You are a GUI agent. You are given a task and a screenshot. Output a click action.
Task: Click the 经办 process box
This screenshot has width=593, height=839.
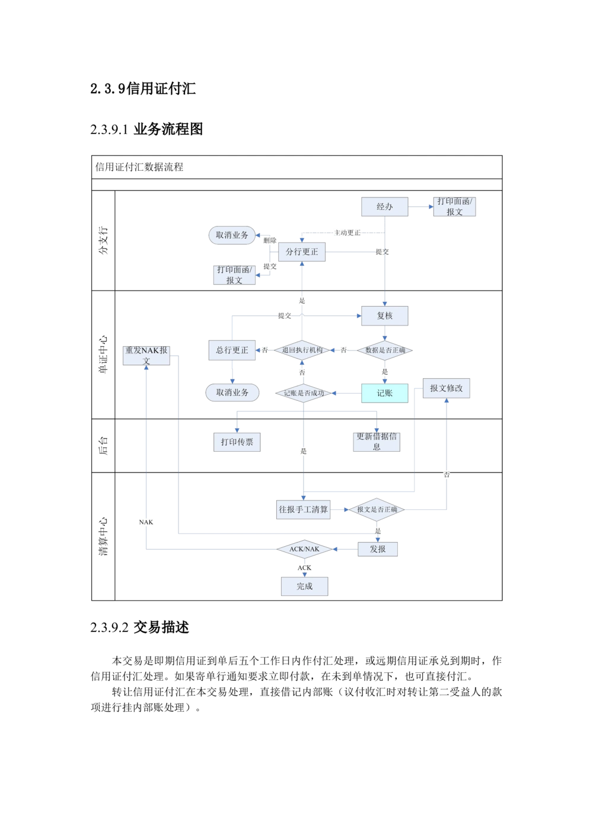click(385, 207)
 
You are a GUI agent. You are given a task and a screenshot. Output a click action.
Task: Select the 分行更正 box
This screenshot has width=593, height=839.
click(302, 252)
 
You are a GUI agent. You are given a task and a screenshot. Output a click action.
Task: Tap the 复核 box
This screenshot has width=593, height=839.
click(385, 315)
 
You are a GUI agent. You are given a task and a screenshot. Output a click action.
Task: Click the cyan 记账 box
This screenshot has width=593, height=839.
click(385, 393)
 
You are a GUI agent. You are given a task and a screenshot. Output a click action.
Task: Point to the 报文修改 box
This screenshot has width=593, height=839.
click(447, 388)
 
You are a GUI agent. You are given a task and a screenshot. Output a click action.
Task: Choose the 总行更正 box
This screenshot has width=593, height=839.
click(232, 350)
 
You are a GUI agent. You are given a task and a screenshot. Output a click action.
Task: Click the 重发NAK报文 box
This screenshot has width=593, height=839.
click(146, 355)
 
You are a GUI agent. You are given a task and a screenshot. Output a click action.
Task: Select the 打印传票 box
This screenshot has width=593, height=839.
click(237, 442)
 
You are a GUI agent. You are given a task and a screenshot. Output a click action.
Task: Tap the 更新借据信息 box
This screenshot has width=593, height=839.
click(377, 442)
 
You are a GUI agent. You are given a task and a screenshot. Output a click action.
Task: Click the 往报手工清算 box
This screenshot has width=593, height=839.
click(303, 510)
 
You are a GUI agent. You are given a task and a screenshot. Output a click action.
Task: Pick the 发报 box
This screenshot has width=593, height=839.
click(378, 549)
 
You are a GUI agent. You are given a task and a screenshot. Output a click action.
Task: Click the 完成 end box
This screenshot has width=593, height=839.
click(304, 586)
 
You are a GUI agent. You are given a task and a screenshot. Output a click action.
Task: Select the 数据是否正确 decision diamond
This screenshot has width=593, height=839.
click(385, 350)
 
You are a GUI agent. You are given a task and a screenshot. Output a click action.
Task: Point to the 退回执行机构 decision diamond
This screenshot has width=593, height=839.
click(302, 350)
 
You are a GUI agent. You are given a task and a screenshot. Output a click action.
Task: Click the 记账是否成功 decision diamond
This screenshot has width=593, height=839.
click(304, 393)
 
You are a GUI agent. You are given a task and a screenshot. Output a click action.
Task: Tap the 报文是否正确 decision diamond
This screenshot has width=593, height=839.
click(377, 509)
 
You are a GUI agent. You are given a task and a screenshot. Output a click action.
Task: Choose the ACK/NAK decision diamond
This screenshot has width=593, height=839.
click(304, 550)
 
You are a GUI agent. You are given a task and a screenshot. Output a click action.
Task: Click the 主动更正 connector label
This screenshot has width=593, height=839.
click(347, 233)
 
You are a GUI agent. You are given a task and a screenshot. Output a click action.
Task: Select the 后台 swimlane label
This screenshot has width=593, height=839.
click(103, 445)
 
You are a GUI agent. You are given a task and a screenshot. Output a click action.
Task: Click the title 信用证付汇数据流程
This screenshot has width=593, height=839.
click(139, 167)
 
